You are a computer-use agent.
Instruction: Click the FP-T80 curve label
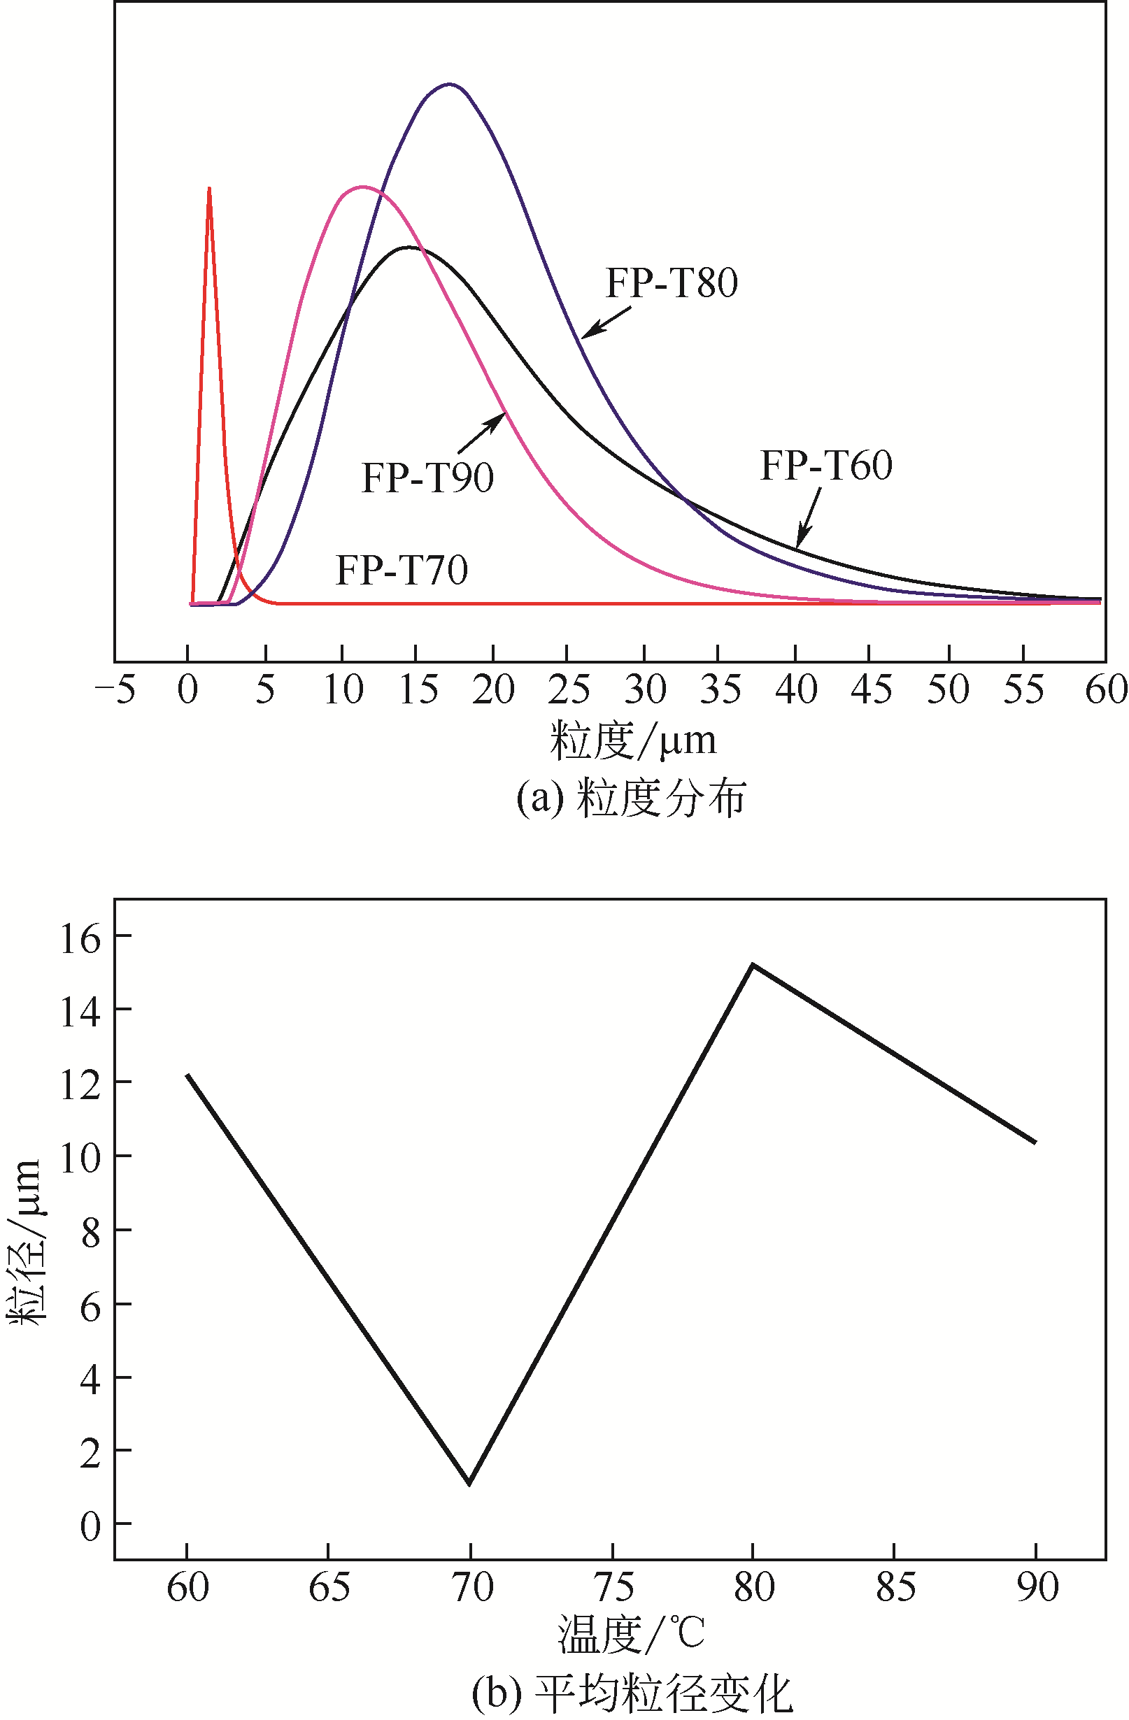pyautogui.click(x=672, y=282)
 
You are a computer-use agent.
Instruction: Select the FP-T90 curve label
pyautogui.click(x=427, y=478)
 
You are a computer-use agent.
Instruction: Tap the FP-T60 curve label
pyautogui.click(x=826, y=465)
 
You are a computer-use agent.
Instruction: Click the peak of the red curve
pyautogui.click(x=209, y=189)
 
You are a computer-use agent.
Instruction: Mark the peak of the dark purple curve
pyautogui.click(x=450, y=85)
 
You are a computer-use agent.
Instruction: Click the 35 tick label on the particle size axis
pyautogui.click(x=720, y=689)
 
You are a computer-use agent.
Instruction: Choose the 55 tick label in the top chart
pyautogui.click(x=1023, y=689)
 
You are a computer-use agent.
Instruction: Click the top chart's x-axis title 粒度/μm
pyautogui.click(x=633, y=740)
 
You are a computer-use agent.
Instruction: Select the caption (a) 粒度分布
pyautogui.click(x=630, y=798)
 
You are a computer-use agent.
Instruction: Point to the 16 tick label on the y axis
pyautogui.click(x=80, y=940)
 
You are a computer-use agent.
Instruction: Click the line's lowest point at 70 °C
pyautogui.click(x=470, y=1482)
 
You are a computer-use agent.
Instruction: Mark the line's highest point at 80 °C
pyautogui.click(x=753, y=965)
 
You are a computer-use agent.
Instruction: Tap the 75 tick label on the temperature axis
pyautogui.click(x=613, y=1587)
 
